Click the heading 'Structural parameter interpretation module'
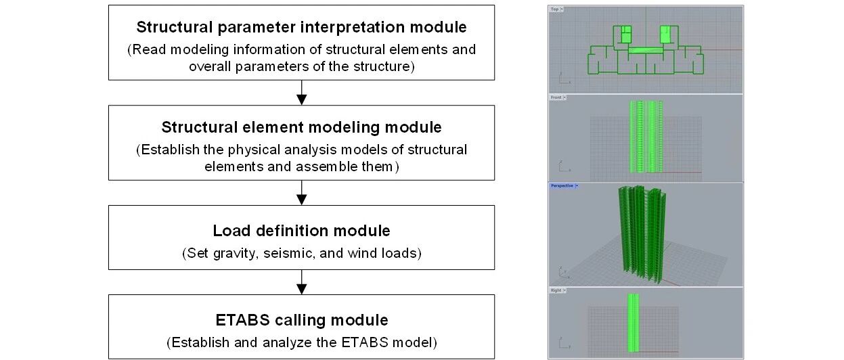coord(301,28)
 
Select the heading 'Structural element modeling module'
coord(301,127)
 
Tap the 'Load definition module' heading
coord(301,231)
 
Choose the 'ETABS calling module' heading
coord(301,320)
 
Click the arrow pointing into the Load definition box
coord(302,194)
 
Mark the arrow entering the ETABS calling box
coord(302,282)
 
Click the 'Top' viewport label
coord(555,9)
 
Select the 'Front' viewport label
coord(556,97)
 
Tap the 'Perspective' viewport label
coord(562,185)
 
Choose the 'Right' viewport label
coord(556,290)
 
